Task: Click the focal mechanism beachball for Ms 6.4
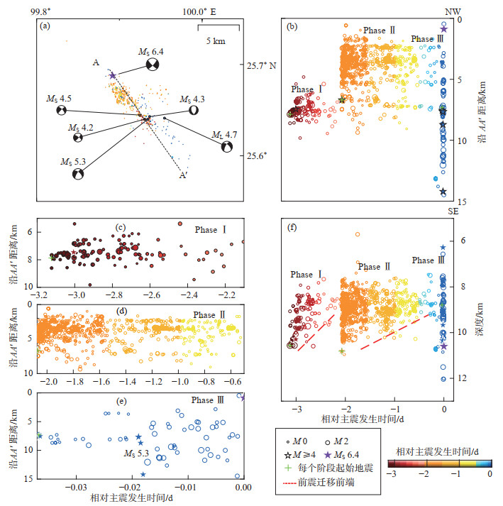point(152,65)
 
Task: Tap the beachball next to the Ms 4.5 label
point(62,111)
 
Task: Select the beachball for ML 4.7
point(226,147)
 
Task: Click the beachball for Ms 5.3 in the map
point(79,175)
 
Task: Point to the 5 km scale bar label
point(216,42)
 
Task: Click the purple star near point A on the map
point(112,75)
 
